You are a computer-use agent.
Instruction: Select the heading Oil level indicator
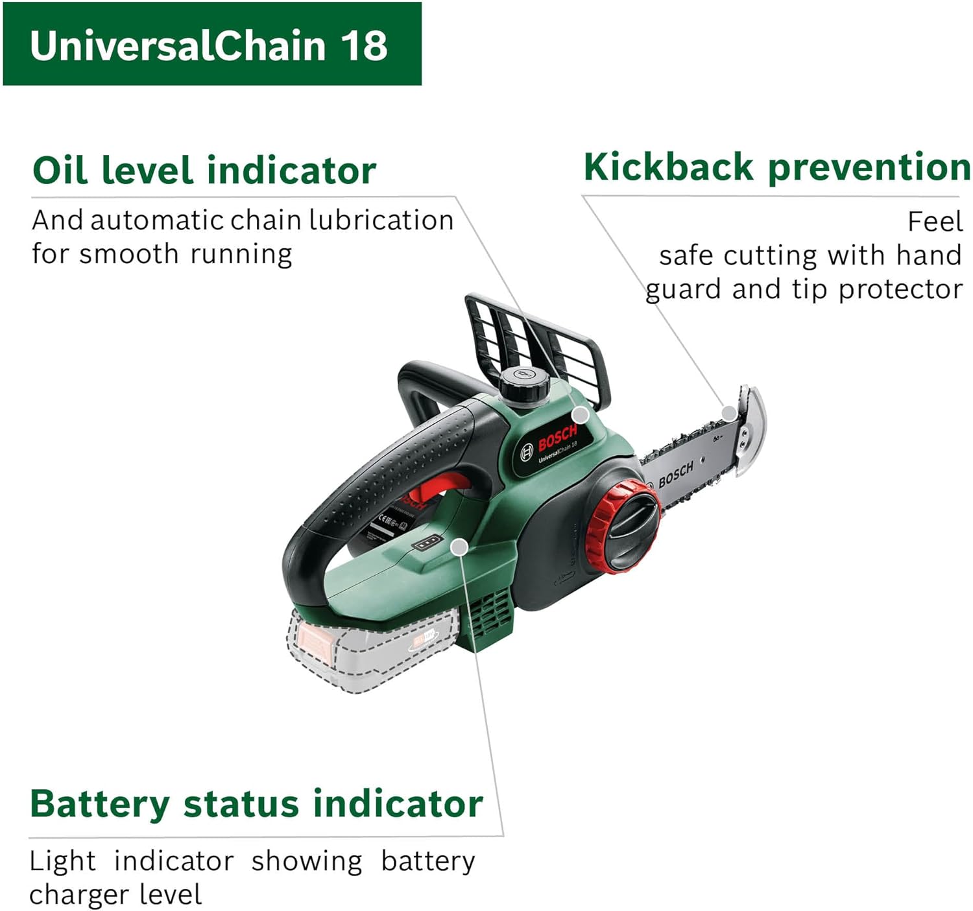pos(204,170)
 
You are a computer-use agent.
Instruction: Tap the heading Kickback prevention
pos(776,167)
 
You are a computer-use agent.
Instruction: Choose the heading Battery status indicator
pos(256,804)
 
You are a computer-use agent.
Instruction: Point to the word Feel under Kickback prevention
pos(934,222)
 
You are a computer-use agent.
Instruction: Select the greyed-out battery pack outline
pos(370,652)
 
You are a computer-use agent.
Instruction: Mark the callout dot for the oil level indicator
pos(581,414)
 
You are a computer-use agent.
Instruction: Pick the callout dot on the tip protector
pos(730,413)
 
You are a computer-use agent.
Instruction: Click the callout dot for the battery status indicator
pos(459,547)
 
